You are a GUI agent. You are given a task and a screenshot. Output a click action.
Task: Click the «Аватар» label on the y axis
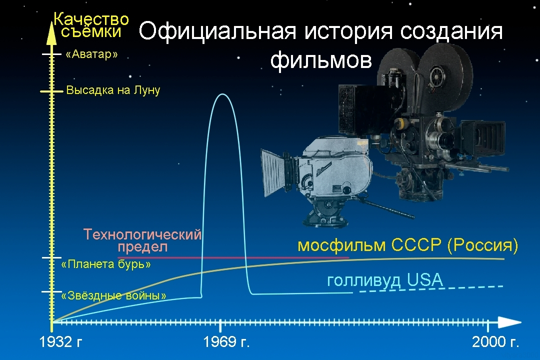coord(91,54)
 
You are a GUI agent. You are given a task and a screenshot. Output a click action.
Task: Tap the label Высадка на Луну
coord(113,90)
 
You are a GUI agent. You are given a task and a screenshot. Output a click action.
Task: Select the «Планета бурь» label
coord(105,264)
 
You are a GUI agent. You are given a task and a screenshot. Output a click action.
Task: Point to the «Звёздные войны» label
coord(113,295)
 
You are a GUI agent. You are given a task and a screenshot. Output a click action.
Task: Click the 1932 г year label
coord(60,342)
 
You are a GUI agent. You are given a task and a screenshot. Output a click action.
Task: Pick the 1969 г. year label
coord(226,342)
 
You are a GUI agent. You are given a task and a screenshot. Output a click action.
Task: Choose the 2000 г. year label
coord(495,342)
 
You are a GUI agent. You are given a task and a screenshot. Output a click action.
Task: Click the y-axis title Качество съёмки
coord(91,25)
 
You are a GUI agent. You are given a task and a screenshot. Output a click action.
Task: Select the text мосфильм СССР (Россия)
coord(407,245)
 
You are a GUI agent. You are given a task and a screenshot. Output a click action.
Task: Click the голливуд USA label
coord(385,280)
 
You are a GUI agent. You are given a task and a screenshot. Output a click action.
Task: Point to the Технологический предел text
coord(142,240)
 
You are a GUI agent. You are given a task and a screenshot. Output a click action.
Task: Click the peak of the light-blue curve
coord(222,94)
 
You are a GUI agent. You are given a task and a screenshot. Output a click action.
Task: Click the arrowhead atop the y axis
coord(50,29)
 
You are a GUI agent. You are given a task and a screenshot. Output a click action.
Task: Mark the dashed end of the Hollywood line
coord(430,289)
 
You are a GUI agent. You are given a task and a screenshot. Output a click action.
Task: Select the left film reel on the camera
coord(395,67)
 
